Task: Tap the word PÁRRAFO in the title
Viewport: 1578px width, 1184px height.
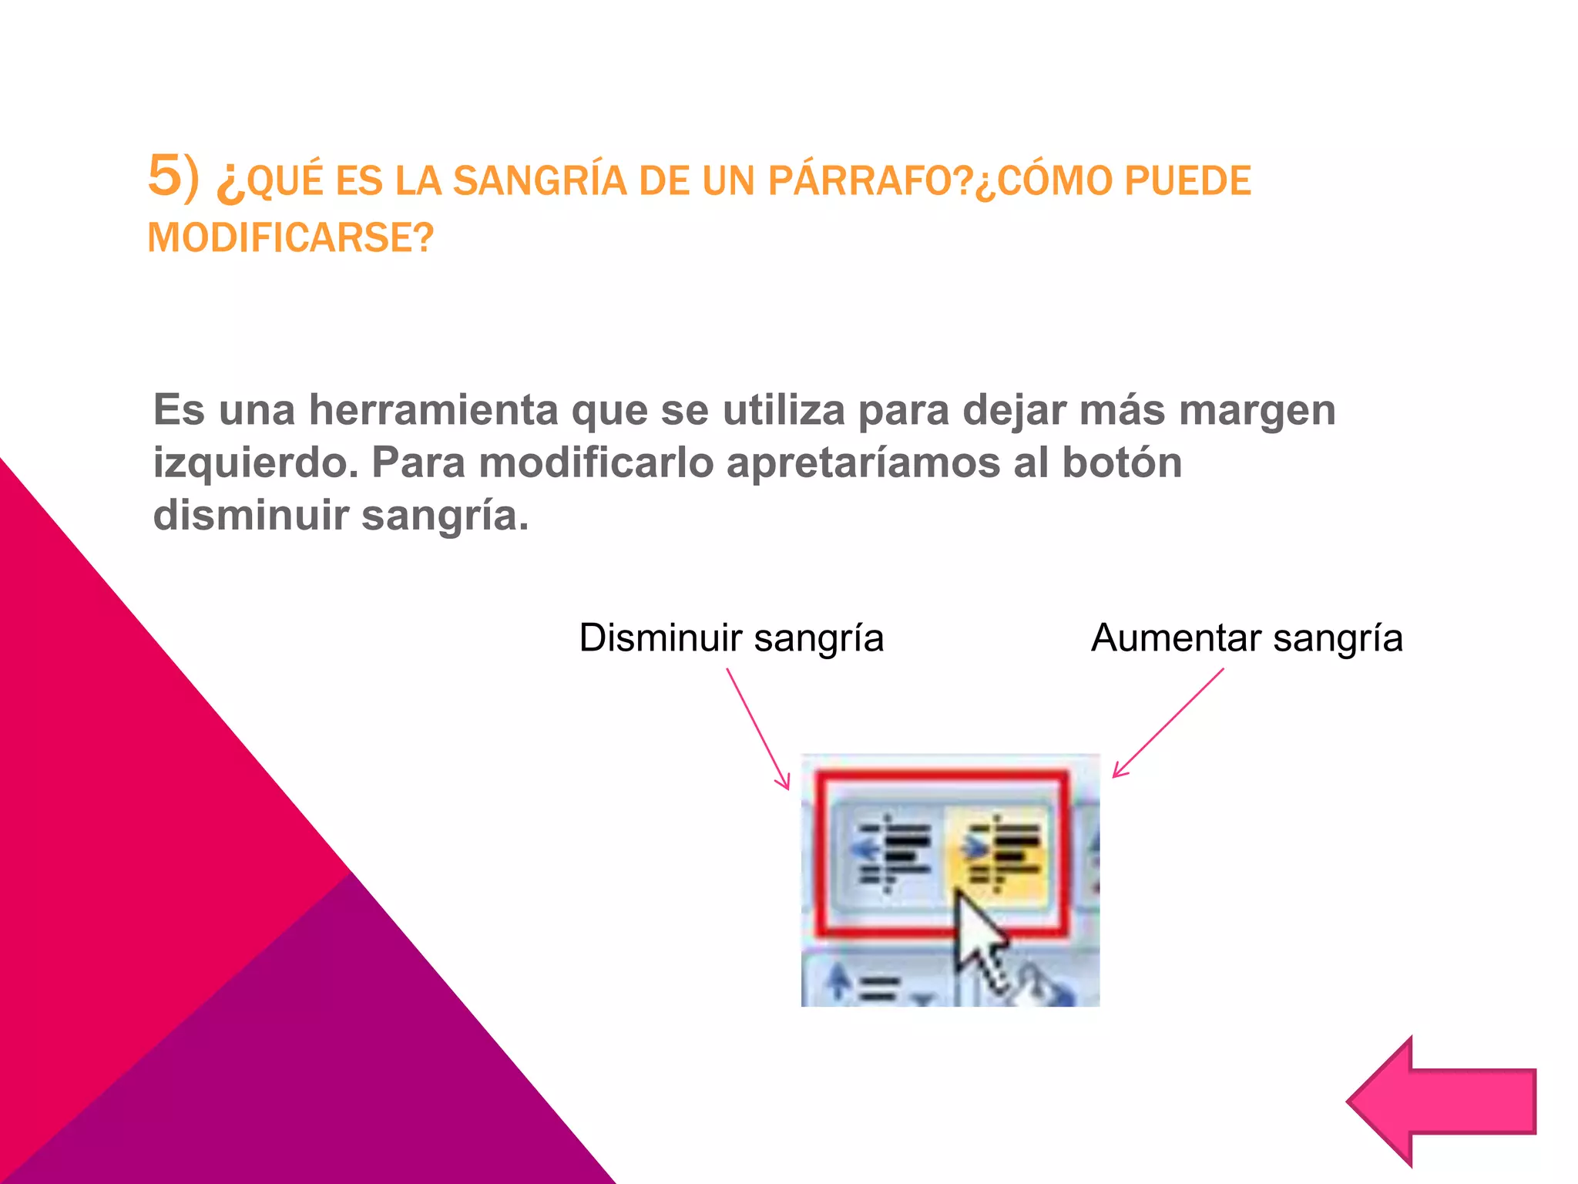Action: pos(861,181)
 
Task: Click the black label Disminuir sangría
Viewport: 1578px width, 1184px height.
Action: pos(730,638)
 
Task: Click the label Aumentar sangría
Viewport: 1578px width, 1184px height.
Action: pos(1246,638)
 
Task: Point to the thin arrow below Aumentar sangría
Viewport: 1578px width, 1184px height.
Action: pos(1168,722)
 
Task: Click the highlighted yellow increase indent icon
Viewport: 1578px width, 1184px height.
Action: pos(1002,855)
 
